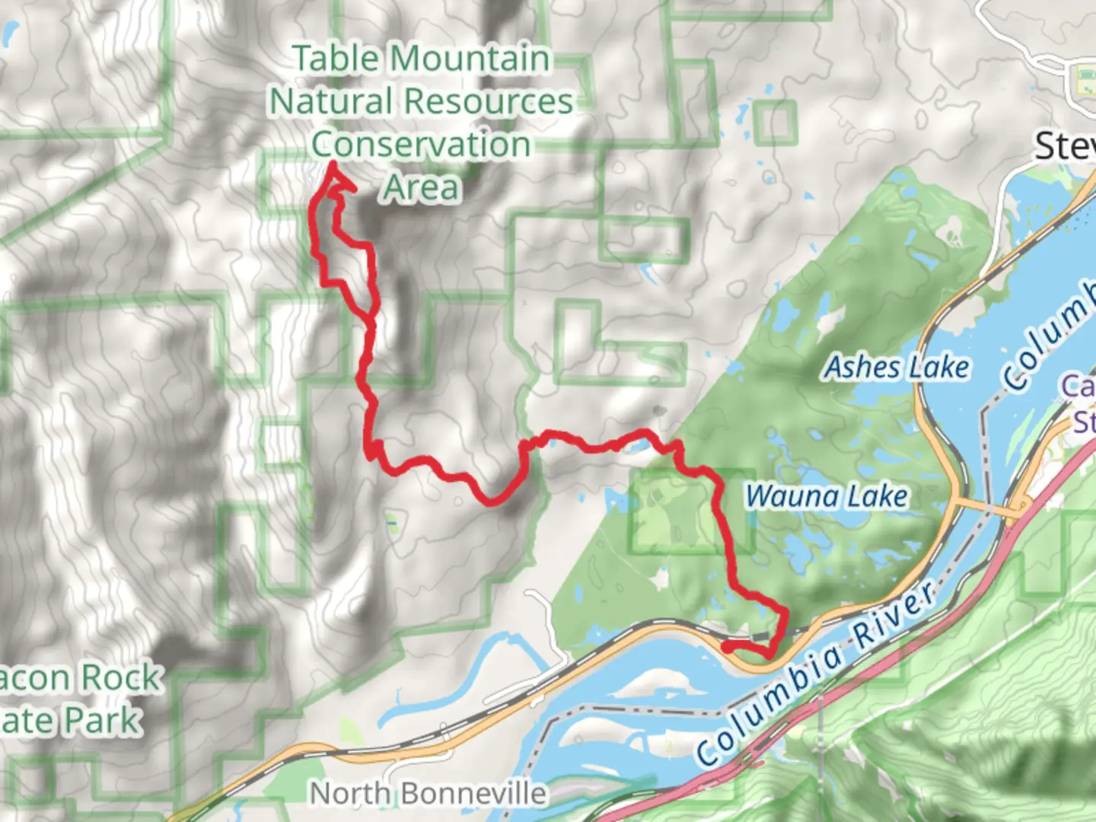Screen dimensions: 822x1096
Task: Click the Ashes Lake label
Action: click(x=897, y=368)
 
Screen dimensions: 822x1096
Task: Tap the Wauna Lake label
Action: click(x=827, y=497)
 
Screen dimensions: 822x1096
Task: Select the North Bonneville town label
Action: click(x=428, y=794)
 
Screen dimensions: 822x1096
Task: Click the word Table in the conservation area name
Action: click(x=335, y=59)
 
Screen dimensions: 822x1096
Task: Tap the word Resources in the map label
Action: click(x=488, y=101)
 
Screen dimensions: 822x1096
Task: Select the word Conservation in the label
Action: click(x=421, y=145)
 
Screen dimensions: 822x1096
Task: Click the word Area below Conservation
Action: click(x=421, y=187)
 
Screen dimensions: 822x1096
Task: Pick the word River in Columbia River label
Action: click(x=895, y=617)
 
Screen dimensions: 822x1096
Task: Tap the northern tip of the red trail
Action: click(x=333, y=166)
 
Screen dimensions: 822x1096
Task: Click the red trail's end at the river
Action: click(x=726, y=647)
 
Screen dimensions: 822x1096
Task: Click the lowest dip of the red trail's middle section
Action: click(x=492, y=500)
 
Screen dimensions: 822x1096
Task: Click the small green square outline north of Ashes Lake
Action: click(x=775, y=122)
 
